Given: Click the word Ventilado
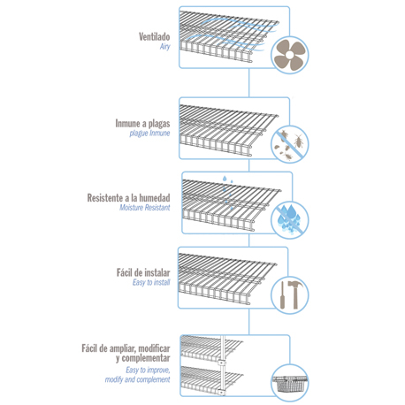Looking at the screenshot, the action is [x=154, y=36].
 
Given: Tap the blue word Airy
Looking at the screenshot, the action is [x=165, y=47].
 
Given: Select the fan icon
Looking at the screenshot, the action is [x=289, y=55].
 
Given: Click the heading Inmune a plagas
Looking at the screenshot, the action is [x=142, y=123].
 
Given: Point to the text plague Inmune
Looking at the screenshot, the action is [x=149, y=134].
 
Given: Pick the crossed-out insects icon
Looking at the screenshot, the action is [x=289, y=144].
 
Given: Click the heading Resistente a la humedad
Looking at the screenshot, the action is [x=128, y=197].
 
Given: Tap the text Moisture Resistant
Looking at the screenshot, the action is [x=145, y=208].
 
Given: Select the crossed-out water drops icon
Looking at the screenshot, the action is [x=289, y=219].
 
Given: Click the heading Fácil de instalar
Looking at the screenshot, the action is [x=143, y=272].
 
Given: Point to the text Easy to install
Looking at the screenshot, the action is [x=151, y=282].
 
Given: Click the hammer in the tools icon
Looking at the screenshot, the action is [x=294, y=294].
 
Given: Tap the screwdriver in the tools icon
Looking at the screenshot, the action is [x=282, y=295].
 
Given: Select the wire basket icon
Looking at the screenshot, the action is [x=289, y=383].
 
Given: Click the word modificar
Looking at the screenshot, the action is [x=154, y=348].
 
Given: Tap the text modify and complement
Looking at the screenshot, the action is [x=137, y=379].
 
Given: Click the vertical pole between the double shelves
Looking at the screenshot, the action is [x=223, y=365].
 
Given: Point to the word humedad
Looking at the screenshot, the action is [x=155, y=197].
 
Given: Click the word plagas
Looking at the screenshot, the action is [x=159, y=124].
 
